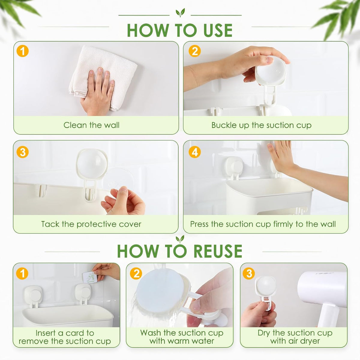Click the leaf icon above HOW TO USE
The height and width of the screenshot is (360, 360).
[180, 13]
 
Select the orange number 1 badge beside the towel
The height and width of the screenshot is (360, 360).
[22, 51]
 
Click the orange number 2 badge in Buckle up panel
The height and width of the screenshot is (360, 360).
[195, 51]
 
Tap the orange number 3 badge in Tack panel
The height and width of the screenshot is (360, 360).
[22, 152]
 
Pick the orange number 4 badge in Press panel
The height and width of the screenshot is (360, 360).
[195, 152]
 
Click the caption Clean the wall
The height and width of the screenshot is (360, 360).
[91, 125]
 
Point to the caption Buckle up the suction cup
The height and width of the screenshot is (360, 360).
[261, 125]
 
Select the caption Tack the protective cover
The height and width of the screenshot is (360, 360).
[91, 224]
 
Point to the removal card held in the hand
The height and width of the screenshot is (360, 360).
[90, 277]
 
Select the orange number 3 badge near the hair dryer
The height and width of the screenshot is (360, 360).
[249, 274]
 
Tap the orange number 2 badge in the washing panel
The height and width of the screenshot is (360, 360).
[136, 274]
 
